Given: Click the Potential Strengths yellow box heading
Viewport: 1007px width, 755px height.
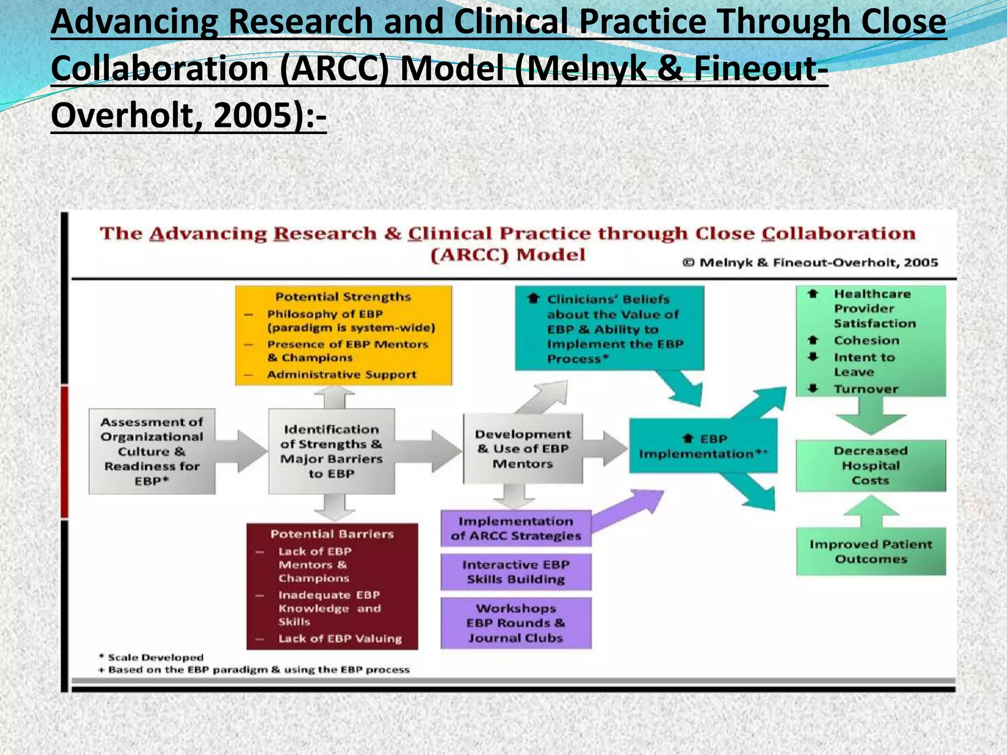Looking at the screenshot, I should click(x=343, y=297).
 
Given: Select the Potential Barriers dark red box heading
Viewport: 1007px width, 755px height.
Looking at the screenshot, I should click(x=332, y=534).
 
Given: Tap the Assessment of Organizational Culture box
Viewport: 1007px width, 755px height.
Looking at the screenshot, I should click(x=152, y=451).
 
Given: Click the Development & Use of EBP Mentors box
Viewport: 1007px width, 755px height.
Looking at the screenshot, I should click(x=523, y=449).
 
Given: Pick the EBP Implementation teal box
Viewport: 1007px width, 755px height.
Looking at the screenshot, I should click(x=703, y=446).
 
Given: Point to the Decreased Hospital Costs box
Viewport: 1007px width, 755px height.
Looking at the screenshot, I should click(x=870, y=465).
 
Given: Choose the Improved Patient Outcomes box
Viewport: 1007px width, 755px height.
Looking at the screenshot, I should click(x=870, y=552).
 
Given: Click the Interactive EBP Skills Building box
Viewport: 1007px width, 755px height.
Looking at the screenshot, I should click(x=516, y=572).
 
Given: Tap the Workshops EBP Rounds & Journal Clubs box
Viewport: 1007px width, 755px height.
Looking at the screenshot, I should click(x=516, y=623).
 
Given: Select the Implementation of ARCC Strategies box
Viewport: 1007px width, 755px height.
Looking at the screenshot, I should click(x=516, y=528).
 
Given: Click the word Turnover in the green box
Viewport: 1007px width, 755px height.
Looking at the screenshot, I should click(x=865, y=389).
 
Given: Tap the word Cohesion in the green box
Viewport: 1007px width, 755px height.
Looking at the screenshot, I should click(x=866, y=341).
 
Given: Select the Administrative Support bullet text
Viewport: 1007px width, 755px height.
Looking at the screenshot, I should click(x=342, y=375).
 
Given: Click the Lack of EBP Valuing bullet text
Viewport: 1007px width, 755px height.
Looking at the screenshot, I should click(x=340, y=639).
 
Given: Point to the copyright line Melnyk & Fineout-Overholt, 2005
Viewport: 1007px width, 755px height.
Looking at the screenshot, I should click(x=810, y=263).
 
